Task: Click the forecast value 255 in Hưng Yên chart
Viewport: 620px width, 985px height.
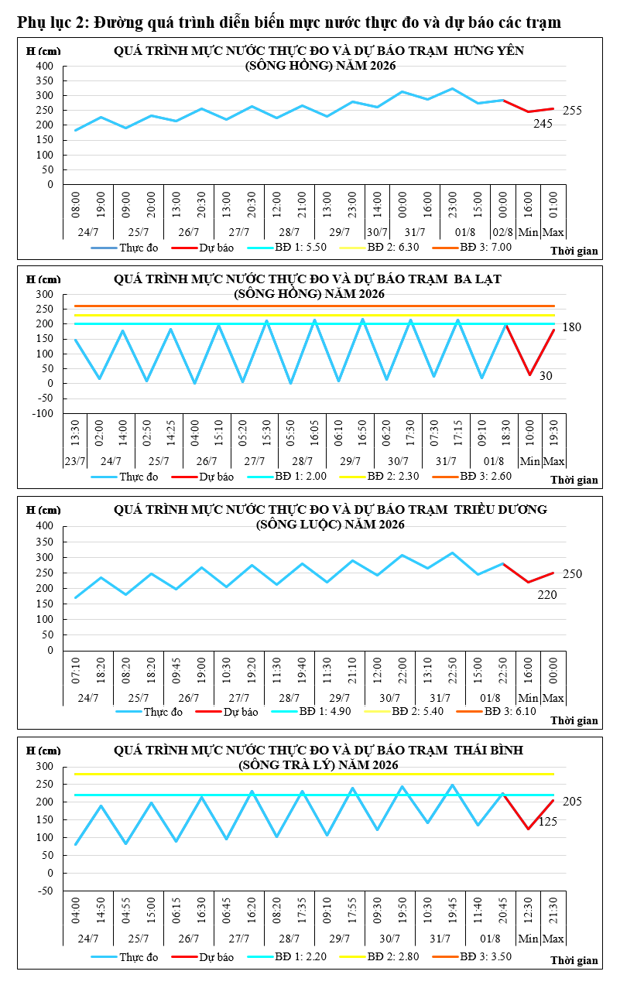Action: [572, 111]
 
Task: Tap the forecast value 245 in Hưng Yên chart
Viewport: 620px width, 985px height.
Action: [543, 124]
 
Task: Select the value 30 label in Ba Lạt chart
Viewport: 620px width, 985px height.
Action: [546, 375]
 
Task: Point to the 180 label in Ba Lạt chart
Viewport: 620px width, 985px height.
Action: [571, 327]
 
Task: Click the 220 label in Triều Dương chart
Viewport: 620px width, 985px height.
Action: [547, 595]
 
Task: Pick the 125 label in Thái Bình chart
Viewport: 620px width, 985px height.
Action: [548, 821]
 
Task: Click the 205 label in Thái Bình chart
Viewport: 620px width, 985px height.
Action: [572, 801]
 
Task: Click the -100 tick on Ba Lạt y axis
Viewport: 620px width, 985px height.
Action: [43, 413]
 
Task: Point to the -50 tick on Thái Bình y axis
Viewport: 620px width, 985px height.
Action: [46, 891]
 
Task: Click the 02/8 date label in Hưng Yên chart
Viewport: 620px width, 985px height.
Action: [502, 232]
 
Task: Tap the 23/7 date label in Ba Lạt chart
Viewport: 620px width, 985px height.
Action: [75, 461]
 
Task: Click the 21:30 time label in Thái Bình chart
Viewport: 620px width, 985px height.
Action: [553, 910]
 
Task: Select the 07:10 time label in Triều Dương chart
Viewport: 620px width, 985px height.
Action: [76, 671]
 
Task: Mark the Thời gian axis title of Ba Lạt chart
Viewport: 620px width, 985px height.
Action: [574, 480]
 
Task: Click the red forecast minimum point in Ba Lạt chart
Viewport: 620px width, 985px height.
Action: [529, 375]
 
